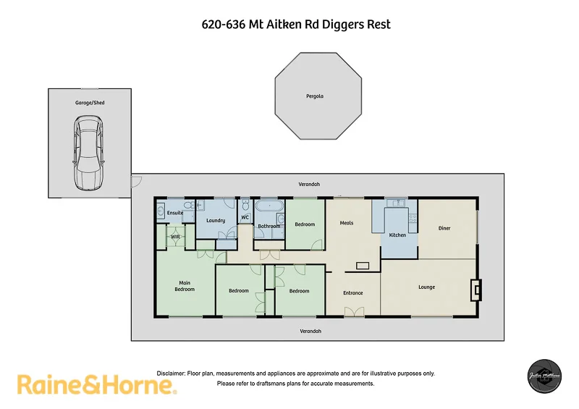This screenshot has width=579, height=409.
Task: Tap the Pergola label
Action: pos(315,96)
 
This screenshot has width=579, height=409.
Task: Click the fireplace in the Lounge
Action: pos(475,290)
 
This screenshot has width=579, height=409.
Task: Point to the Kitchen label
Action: pos(397,235)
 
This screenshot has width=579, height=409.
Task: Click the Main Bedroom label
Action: pos(185,285)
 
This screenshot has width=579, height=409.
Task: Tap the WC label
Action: pos(245,217)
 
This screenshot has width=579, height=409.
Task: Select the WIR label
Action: pos(175,237)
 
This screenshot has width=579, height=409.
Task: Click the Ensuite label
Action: pos(175,213)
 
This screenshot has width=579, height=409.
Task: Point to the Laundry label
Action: pos(216,220)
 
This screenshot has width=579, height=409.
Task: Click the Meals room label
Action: pos(347,222)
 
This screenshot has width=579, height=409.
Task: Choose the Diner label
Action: pos(444,229)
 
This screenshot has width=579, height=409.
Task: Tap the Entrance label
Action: pos(352,292)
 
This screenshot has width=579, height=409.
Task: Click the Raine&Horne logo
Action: pos(97,384)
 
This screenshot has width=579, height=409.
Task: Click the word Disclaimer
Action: pos(172,373)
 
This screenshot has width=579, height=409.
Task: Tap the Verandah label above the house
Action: pos(310,185)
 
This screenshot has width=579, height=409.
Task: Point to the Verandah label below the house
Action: pos(311,331)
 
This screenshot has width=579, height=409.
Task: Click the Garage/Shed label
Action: pos(90,103)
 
